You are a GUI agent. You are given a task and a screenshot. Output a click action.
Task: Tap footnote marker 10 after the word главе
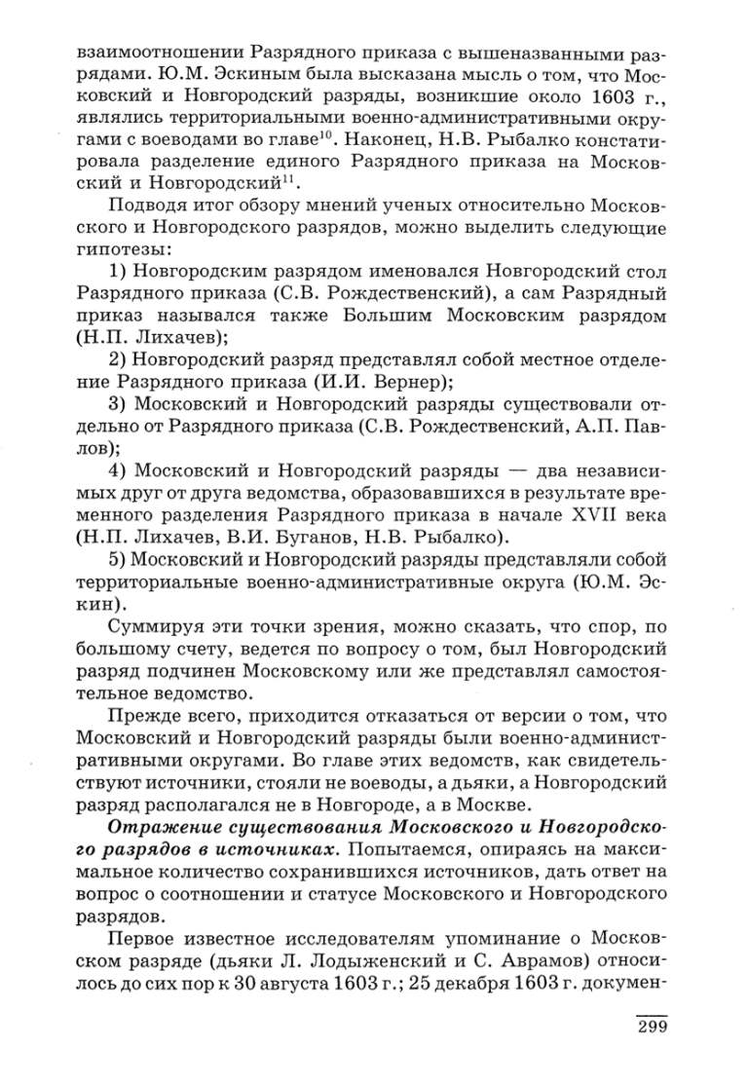(x=329, y=134)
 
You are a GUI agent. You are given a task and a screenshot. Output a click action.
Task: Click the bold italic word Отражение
(x=161, y=827)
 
